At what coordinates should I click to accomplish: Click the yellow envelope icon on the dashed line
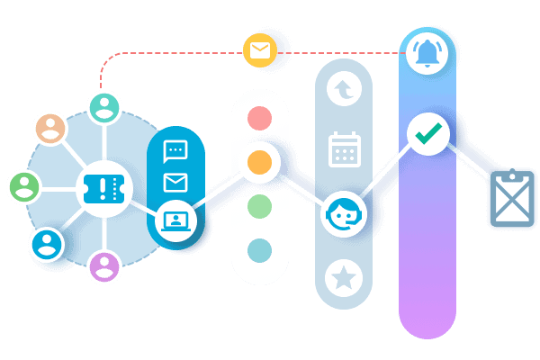[259, 51]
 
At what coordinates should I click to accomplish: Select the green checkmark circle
[427, 134]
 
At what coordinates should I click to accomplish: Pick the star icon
[343, 277]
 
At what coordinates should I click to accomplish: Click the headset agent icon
[343, 214]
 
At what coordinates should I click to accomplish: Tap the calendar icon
[344, 149]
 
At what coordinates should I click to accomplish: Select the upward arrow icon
[343, 89]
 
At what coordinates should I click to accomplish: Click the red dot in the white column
[259, 118]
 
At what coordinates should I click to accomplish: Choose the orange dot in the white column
[259, 162]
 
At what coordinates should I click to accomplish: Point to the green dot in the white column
[259, 205]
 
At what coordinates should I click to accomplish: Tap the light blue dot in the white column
[259, 249]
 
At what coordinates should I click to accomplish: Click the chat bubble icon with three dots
[175, 151]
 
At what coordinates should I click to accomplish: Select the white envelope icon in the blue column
[175, 184]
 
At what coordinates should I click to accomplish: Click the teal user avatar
[104, 108]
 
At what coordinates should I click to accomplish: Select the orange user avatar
[49, 129]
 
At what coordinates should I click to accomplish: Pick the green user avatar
[24, 187]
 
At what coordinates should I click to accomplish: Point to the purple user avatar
[104, 266]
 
